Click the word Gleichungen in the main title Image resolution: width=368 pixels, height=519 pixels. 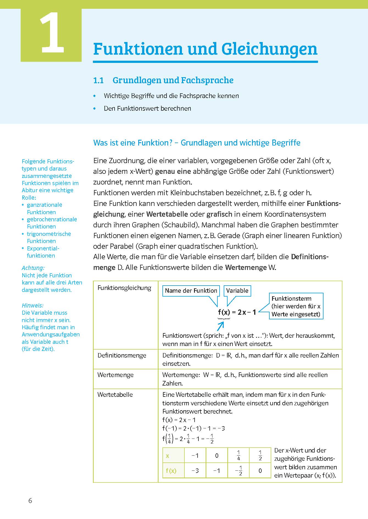pyautogui.click(x=269, y=49)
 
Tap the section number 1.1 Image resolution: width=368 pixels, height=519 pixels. pyautogui.click(x=98, y=80)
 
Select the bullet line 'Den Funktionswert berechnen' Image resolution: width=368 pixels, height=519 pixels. pyautogui.click(x=147, y=108)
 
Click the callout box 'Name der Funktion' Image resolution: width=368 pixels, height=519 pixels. pyautogui.click(x=191, y=291)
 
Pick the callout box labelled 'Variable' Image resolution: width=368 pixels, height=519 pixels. pyautogui.click(x=237, y=291)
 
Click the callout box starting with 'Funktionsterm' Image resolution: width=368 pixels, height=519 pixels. pyautogui.click(x=296, y=306)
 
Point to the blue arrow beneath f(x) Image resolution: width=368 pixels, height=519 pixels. pyautogui.click(x=220, y=326)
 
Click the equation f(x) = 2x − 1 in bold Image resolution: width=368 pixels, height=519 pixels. pyautogui.click(x=237, y=312)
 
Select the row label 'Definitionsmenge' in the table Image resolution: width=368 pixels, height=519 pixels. pyautogui.click(x=122, y=355)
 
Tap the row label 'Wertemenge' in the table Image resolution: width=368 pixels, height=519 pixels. pyautogui.click(x=115, y=375)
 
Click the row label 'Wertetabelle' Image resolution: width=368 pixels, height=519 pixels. pyautogui.click(x=115, y=395)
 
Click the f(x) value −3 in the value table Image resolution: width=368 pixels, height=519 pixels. pyautogui.click(x=195, y=471)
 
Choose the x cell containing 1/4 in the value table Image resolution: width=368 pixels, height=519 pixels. pyautogui.click(x=238, y=456)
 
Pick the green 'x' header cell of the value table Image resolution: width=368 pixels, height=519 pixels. pyautogui.click(x=173, y=456)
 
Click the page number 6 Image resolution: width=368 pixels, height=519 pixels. pyautogui.click(x=30, y=501)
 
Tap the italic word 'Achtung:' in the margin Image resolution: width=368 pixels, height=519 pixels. pyautogui.click(x=33, y=268)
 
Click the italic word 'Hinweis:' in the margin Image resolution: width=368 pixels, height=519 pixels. pyautogui.click(x=32, y=305)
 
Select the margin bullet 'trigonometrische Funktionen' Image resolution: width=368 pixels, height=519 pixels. pyautogui.click(x=49, y=237)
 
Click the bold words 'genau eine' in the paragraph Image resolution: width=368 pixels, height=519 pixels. pyautogui.click(x=173, y=171)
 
